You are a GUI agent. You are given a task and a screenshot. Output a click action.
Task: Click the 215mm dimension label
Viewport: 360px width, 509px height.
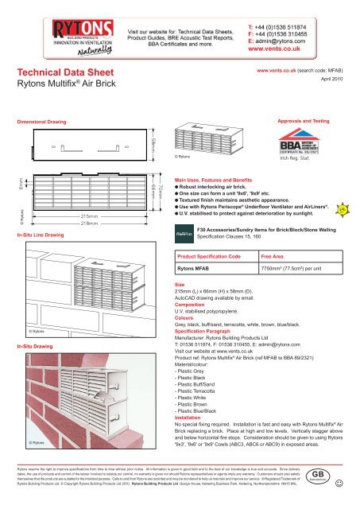[x=89, y=216]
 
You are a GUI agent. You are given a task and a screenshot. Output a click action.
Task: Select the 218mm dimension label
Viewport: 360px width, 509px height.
[x=89, y=224]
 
